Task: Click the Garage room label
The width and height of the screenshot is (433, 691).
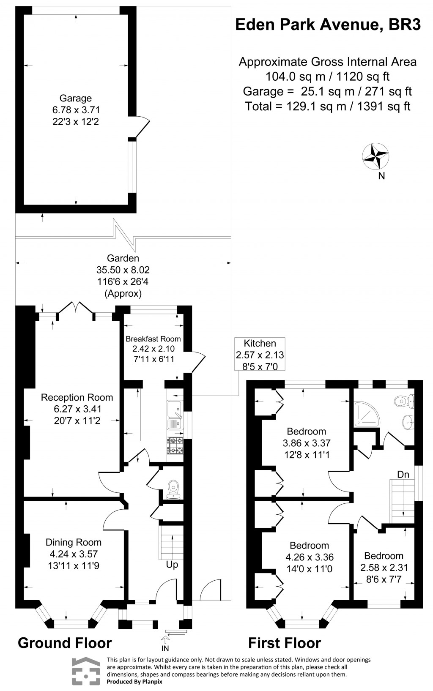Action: coord(75,98)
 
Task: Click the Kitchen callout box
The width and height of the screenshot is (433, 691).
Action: coord(260,355)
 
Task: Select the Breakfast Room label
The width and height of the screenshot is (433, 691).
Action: coord(153,339)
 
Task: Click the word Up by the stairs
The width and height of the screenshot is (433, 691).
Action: coord(172,565)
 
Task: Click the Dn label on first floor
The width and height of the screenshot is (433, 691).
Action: coord(403,475)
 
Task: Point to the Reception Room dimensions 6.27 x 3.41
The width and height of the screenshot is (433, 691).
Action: coord(77,409)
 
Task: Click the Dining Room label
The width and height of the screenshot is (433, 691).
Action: coord(74,542)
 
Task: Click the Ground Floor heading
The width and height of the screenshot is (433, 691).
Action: coord(65,643)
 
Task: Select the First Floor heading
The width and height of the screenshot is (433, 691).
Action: coord(284,643)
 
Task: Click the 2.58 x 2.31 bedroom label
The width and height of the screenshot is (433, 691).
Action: coord(384,568)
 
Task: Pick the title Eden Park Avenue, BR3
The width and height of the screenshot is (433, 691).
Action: coord(328,25)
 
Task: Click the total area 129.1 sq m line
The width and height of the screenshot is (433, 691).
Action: coord(328,106)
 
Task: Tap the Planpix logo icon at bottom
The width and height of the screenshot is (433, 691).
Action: coord(86,671)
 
